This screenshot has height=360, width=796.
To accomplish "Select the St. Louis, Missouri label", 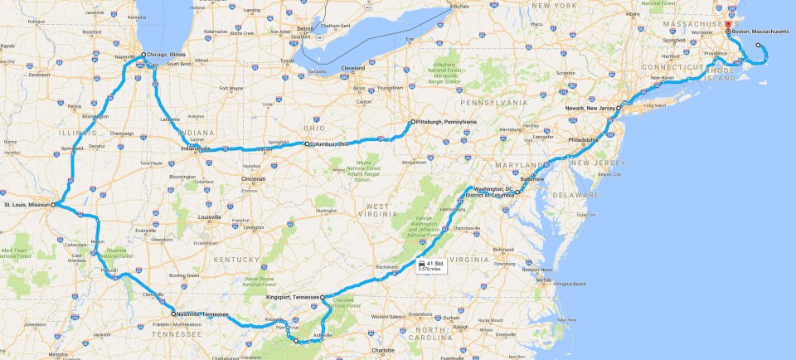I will [27, 203].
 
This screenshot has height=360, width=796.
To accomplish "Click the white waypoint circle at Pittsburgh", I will [412, 122].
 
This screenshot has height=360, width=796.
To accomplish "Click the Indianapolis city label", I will [196, 149].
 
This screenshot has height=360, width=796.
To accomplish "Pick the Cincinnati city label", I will [254, 178].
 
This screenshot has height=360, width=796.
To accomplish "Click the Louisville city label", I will [210, 217].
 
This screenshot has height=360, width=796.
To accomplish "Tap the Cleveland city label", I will [353, 68].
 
